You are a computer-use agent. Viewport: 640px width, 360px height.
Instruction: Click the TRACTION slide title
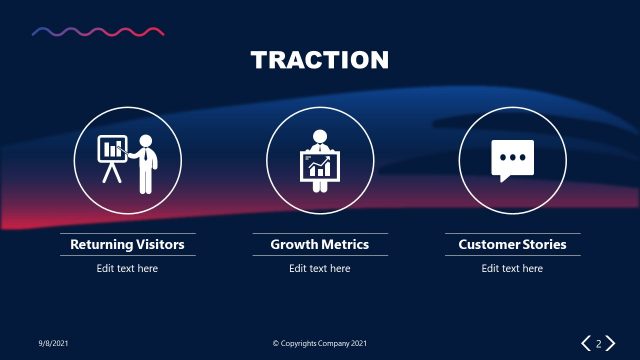(x=320, y=60)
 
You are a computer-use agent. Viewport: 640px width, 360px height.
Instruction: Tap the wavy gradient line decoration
(x=98, y=32)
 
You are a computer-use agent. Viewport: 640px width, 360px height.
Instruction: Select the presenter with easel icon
(x=128, y=162)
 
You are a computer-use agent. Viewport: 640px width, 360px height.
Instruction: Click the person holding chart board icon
(x=320, y=161)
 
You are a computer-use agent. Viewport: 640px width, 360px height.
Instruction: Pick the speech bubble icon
(x=512, y=160)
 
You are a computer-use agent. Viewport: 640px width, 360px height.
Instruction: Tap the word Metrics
(x=346, y=244)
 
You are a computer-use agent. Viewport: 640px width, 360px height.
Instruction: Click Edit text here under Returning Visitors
(x=127, y=268)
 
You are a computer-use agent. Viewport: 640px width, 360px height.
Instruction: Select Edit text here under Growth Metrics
(x=320, y=268)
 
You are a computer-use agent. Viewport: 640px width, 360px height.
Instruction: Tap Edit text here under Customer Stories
(x=512, y=268)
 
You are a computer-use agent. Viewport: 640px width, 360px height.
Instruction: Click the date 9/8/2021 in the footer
(x=53, y=344)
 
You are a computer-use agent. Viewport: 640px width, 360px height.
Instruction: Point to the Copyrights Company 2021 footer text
(x=320, y=344)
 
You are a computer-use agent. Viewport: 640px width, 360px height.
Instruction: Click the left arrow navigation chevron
(x=587, y=344)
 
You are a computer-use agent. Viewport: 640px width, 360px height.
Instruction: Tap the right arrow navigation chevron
(x=610, y=344)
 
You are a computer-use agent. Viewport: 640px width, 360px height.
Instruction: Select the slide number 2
(x=599, y=344)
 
